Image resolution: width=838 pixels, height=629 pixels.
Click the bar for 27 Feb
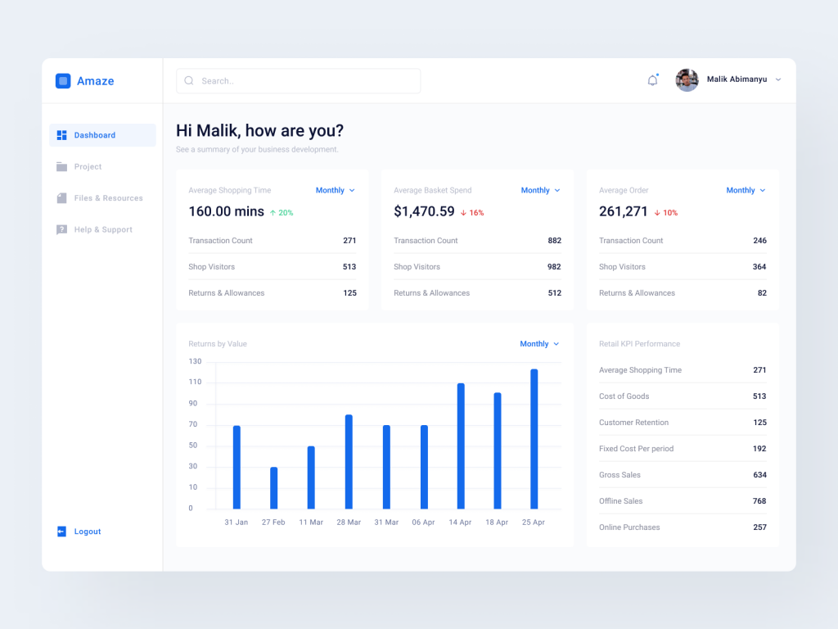273,488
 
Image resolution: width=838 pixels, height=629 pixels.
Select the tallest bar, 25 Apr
534,439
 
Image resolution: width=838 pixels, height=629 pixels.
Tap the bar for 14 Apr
461,446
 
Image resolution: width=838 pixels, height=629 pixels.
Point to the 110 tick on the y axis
195,382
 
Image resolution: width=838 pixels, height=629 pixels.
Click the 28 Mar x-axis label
349,523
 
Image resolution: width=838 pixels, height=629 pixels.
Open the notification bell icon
652,80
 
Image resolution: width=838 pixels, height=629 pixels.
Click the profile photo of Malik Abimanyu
687,80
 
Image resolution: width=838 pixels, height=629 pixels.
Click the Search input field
299,81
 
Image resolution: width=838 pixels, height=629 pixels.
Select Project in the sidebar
88,167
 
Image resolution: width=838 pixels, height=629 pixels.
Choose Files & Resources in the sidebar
108,198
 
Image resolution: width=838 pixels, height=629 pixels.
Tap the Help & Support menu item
103,230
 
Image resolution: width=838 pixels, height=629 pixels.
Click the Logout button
87,532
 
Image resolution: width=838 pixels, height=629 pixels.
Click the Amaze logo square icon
63,81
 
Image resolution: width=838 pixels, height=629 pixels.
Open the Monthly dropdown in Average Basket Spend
540,191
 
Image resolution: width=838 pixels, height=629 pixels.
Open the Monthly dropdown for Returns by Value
539,344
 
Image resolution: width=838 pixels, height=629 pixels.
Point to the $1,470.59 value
424,211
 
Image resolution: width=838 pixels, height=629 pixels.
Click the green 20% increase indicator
282,213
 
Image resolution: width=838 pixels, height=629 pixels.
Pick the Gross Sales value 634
759,475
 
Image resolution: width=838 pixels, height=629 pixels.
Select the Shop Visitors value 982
554,267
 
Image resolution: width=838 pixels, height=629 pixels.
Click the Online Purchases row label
629,527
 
